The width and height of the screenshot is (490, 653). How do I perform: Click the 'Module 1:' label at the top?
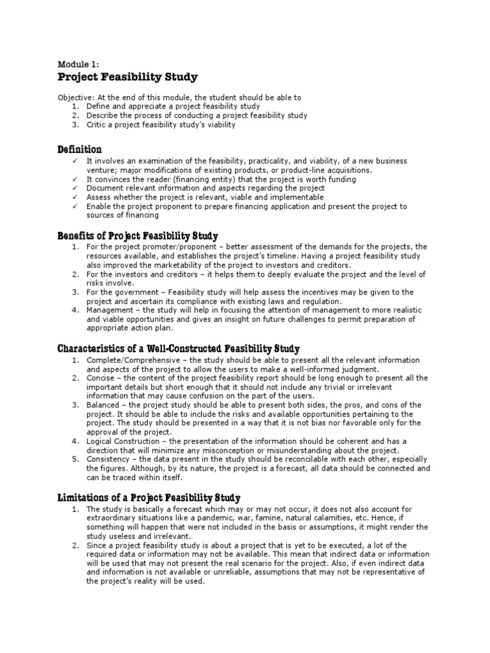(78, 64)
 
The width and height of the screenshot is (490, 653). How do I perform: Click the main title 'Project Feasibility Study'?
(128, 78)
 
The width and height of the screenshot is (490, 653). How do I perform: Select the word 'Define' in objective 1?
(98, 106)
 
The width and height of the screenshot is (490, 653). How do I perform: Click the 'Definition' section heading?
(80, 149)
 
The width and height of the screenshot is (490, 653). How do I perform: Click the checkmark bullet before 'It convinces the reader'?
(75, 179)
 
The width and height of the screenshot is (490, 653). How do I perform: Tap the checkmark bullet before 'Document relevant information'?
(75, 188)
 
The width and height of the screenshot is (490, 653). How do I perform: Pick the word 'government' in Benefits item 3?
(132, 292)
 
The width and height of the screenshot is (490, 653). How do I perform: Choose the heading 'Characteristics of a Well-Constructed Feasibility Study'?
(179, 349)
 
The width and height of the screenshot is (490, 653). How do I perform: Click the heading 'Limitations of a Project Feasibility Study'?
(149, 497)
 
